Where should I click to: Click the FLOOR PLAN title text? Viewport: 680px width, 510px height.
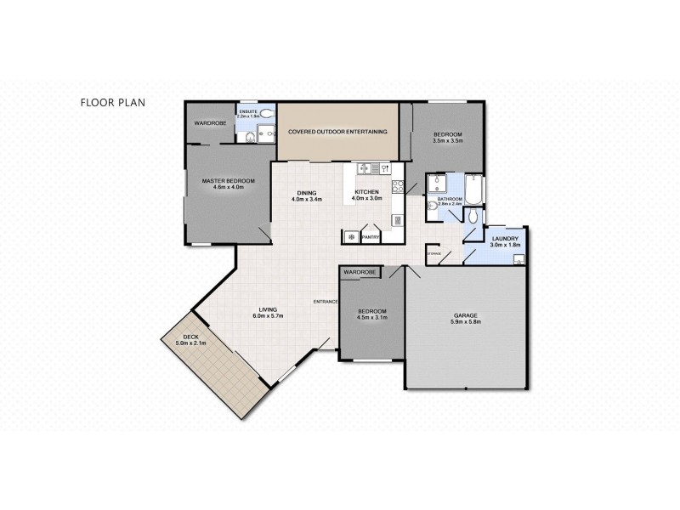(113, 102)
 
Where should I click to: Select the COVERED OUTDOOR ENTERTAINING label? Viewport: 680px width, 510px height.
(337, 132)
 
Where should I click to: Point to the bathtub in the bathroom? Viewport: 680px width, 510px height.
(474, 189)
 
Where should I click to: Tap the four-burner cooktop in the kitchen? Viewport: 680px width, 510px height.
(396, 185)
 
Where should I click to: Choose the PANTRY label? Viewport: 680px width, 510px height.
(371, 238)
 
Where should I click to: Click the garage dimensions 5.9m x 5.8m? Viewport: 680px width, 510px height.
(466, 323)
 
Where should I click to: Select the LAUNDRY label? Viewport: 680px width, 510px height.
(505, 239)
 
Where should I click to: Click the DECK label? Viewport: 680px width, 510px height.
(179, 337)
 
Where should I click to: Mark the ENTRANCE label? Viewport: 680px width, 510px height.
(326, 302)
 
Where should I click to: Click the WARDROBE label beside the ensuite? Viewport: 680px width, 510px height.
(209, 123)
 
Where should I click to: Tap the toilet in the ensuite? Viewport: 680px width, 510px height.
(265, 112)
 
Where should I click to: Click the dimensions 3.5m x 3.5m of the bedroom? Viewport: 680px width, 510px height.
(447, 142)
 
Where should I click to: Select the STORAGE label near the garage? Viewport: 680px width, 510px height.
(433, 253)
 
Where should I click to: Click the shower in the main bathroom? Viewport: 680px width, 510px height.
(438, 184)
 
